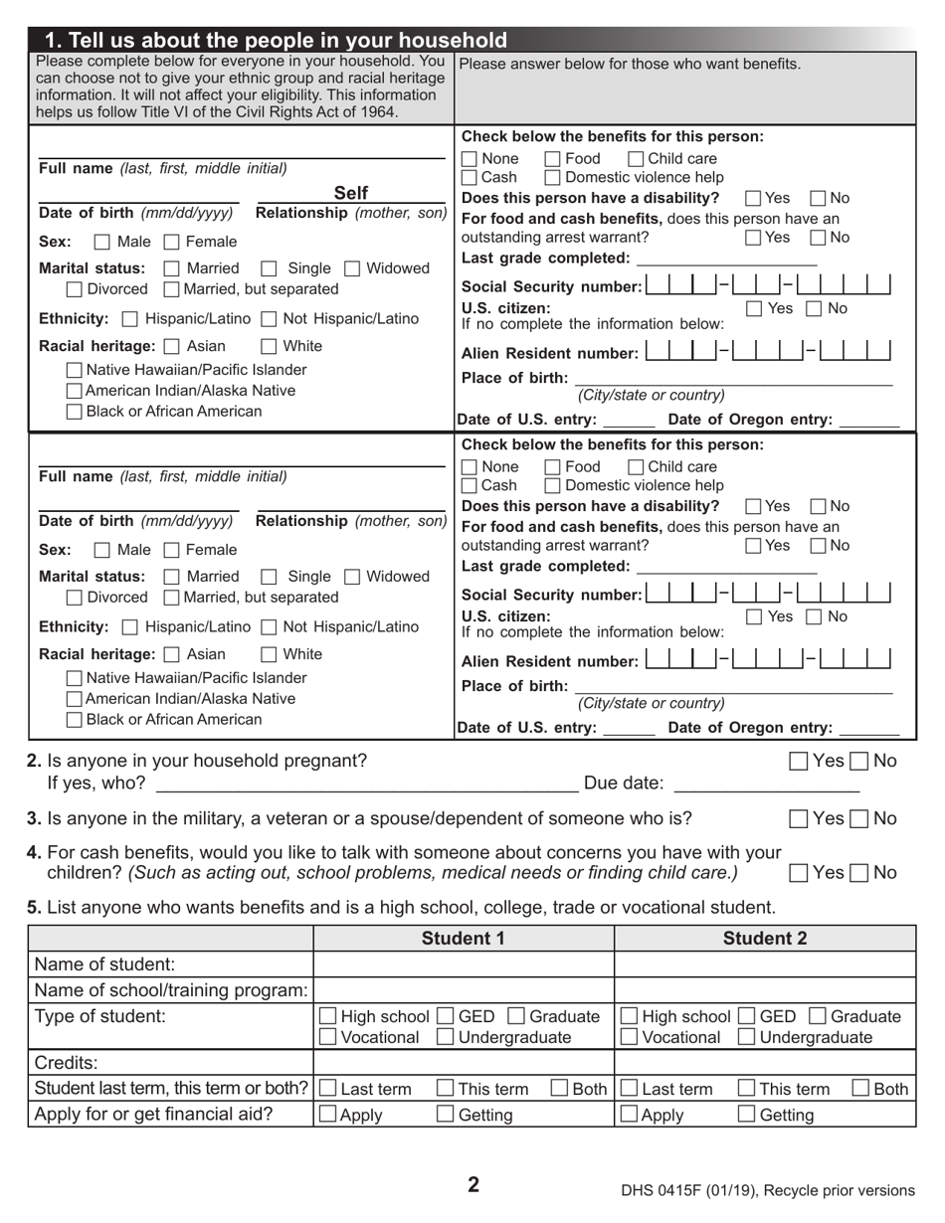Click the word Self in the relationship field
click(351, 193)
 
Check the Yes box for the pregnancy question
click(799, 762)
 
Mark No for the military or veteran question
click(860, 819)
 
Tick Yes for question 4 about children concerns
click(799, 873)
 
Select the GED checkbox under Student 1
click(445, 1016)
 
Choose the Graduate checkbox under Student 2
click(818, 1016)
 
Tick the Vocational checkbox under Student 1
click(327, 1038)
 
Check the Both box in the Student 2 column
click(861, 1089)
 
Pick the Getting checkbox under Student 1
click(446, 1115)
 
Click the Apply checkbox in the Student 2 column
click(629, 1115)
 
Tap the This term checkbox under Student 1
click(446, 1089)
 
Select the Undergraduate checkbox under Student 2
click(746, 1038)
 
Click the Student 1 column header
click(464, 939)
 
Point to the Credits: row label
click(67, 1063)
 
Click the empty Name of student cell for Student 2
click(764, 964)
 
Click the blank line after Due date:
click(766, 784)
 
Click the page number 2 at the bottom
click(473, 1184)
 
